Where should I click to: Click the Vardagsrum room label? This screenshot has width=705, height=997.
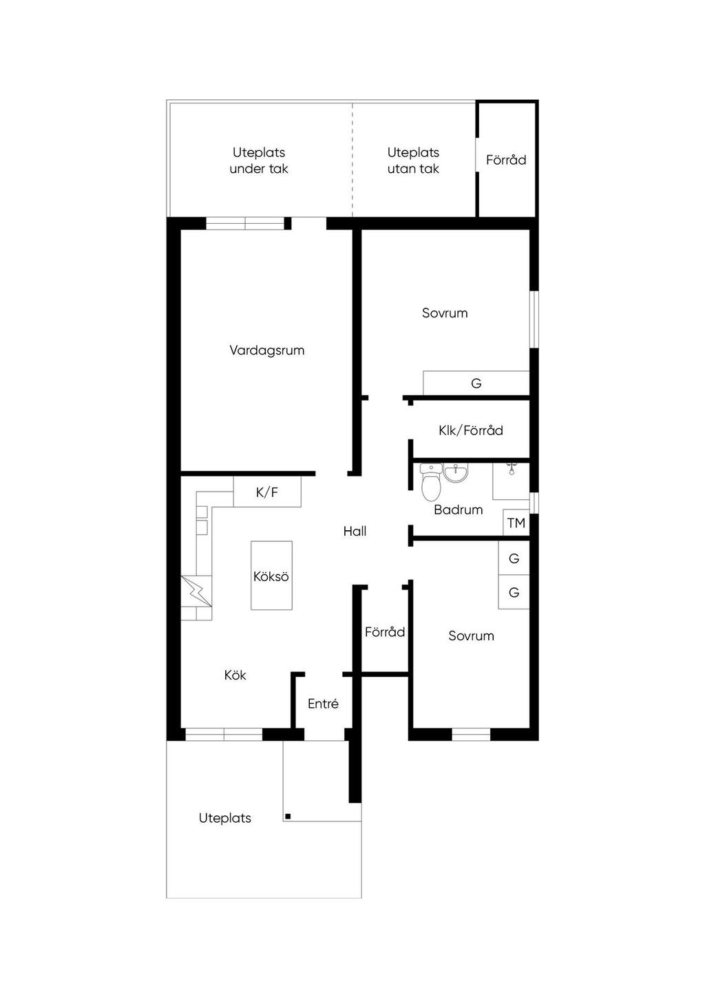[x=267, y=350]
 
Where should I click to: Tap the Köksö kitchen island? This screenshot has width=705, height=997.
[x=271, y=575]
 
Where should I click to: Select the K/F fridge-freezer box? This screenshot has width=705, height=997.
[x=267, y=492]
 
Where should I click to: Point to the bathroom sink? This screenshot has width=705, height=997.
[x=456, y=473]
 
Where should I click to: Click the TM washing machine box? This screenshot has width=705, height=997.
[x=516, y=523]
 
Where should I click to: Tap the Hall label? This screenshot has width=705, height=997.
[x=355, y=531]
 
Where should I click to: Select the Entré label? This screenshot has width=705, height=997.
[x=323, y=704]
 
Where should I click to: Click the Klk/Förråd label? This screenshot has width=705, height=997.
[x=471, y=430]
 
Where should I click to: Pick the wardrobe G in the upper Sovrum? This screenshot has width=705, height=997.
[x=476, y=383]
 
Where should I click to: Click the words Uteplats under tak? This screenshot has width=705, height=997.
[x=259, y=160]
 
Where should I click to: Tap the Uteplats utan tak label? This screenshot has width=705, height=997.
[x=413, y=160]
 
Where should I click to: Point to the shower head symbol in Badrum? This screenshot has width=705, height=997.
[x=512, y=468]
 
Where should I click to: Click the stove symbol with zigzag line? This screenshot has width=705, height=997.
[x=196, y=591]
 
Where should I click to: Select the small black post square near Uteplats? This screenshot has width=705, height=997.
[x=288, y=817]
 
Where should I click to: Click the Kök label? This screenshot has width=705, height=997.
[x=235, y=675]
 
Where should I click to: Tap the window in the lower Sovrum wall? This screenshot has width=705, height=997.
[x=471, y=735]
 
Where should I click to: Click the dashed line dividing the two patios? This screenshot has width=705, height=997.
[x=353, y=160]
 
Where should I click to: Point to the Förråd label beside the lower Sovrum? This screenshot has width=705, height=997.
[x=385, y=632]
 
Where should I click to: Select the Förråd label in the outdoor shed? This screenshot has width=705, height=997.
[x=506, y=160]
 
